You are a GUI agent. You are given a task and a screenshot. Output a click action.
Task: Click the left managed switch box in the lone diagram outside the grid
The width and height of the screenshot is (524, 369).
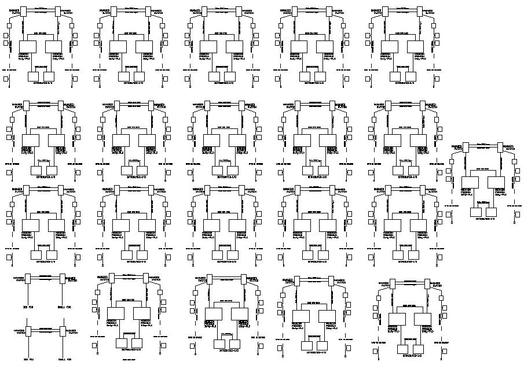(468, 149)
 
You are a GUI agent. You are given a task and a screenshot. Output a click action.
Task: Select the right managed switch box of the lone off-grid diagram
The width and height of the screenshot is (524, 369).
(499, 149)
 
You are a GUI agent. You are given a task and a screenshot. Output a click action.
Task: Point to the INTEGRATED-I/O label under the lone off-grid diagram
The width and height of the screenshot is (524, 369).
(485, 219)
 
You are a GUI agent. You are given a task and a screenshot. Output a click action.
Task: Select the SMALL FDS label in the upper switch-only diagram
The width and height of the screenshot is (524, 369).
(64, 307)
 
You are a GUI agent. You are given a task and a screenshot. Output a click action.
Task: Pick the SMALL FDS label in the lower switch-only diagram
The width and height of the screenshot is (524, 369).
(64, 360)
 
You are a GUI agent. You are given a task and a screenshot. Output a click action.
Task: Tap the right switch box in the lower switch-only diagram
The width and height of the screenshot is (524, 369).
(61, 332)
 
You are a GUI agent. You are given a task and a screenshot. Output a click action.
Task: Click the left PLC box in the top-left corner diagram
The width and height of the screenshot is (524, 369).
(28, 48)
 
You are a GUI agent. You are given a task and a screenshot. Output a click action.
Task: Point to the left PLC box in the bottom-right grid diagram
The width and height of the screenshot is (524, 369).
(397, 319)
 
